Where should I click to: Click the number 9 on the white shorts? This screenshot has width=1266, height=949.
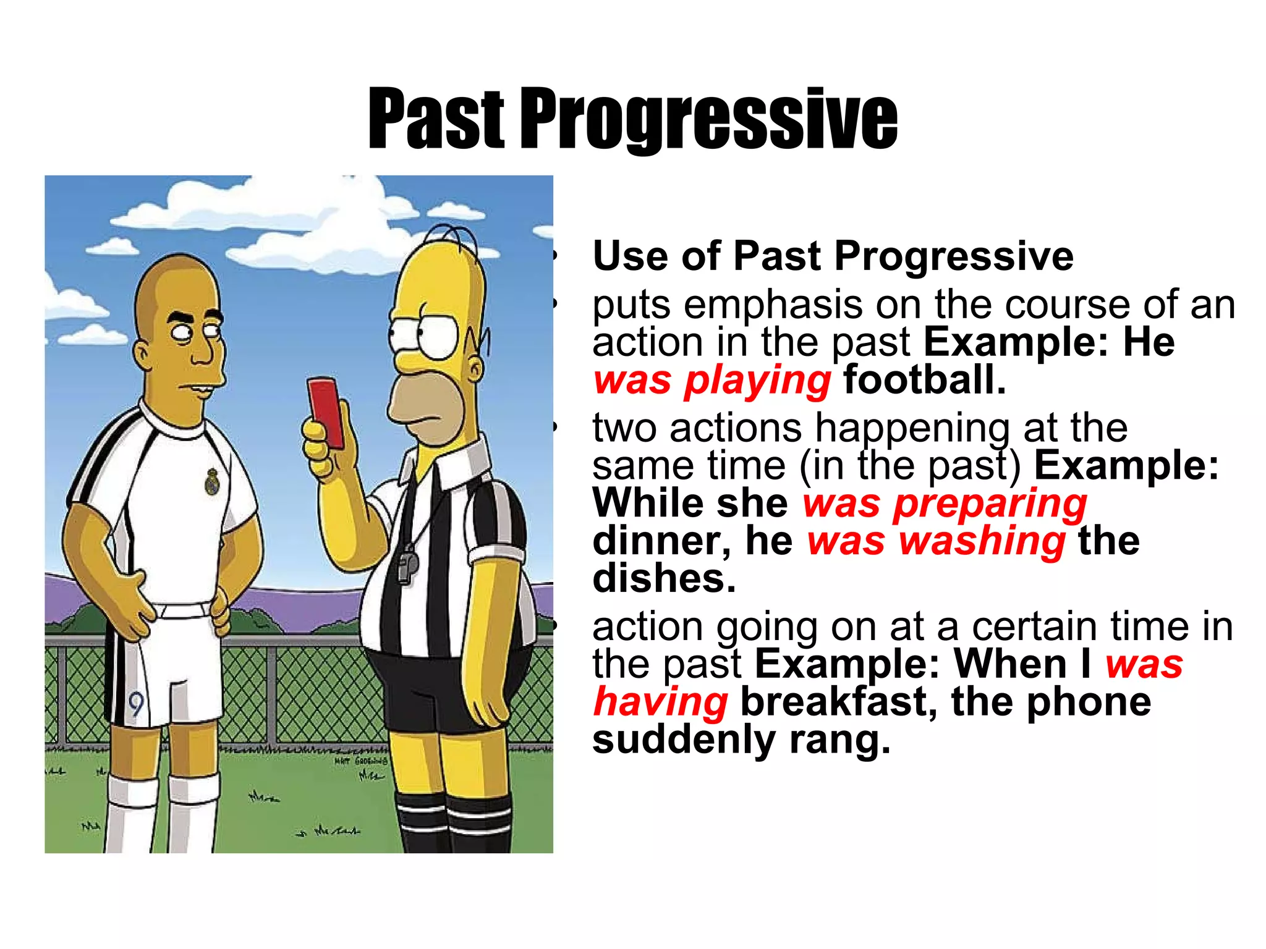click(136, 704)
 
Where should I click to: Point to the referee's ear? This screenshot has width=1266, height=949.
click(475, 371)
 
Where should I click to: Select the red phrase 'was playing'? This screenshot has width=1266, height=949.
click(712, 379)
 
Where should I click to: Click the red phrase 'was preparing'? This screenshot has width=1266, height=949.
click(945, 503)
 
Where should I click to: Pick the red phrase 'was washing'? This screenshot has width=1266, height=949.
click(936, 541)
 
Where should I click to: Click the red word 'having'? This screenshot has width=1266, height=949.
click(660, 702)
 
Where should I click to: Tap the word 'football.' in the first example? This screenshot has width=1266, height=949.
click(924, 379)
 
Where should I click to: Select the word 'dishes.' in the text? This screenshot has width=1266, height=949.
click(664, 578)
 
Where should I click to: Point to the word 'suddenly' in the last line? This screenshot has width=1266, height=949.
click(684, 740)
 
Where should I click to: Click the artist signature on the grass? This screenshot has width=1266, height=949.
click(361, 761)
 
